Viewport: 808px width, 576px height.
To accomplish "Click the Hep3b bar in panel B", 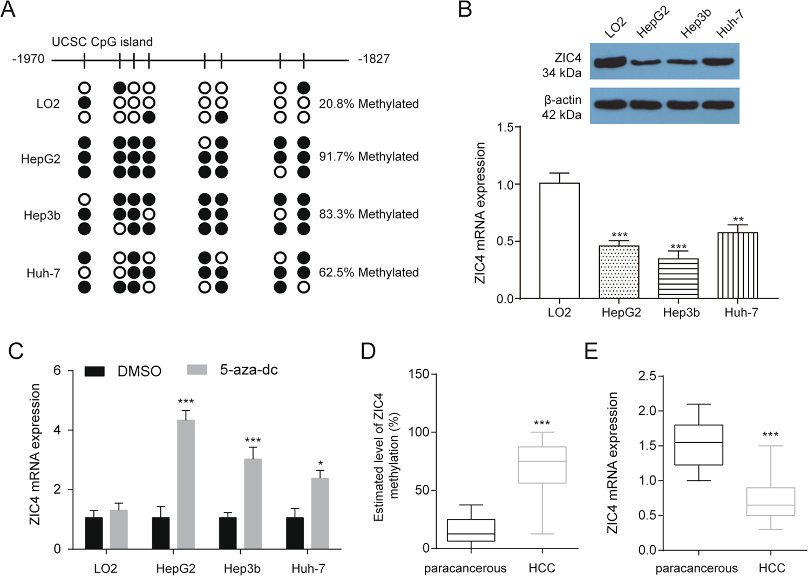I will pyautogui.click(x=678, y=278).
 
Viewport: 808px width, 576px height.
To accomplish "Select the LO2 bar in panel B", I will pyautogui.click(x=559, y=241).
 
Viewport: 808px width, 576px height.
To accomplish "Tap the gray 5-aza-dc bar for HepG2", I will pyautogui.click(x=186, y=484).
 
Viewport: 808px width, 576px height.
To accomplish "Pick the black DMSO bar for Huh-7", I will pyautogui.click(x=295, y=533).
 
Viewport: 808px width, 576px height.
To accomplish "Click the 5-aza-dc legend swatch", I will pyautogui.click(x=197, y=370).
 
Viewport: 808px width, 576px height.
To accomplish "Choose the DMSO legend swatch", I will pyautogui.click(x=94, y=371).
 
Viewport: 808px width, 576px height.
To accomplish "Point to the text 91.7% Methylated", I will pyautogui.click(x=369, y=157).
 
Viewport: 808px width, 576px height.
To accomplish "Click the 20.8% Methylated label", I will pyautogui.click(x=369, y=104).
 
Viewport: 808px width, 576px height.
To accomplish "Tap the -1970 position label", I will pyautogui.click(x=28, y=59).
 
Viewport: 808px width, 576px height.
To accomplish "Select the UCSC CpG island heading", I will pyautogui.click(x=102, y=42).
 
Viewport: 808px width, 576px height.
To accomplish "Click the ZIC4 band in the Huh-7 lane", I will pyautogui.click(x=718, y=62).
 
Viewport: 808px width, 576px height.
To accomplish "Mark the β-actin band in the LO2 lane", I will pyautogui.click(x=610, y=105).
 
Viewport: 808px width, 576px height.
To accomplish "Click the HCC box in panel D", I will pyautogui.click(x=542, y=464).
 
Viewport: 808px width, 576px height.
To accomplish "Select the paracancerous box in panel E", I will pyautogui.click(x=698, y=445).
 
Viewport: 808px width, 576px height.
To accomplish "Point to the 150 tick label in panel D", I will pyautogui.click(x=419, y=374).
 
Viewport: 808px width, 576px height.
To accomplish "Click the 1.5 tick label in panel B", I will pyautogui.click(x=505, y=127).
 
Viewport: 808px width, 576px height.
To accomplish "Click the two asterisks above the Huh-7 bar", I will pyautogui.click(x=738, y=220).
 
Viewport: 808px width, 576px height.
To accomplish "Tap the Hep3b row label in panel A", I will pyautogui.click(x=42, y=215).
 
